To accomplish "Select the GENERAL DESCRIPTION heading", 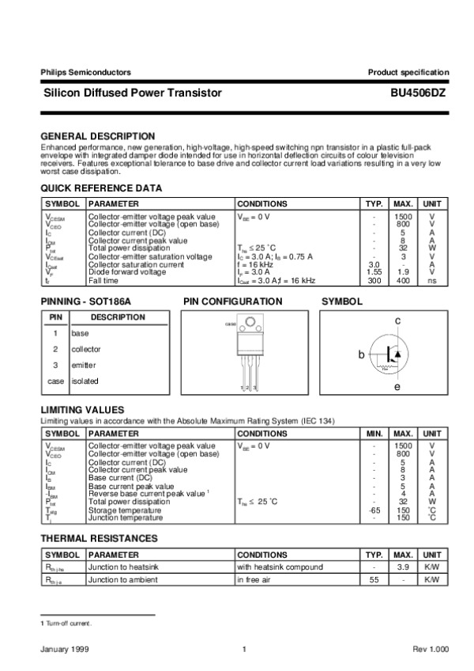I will [x=97, y=136].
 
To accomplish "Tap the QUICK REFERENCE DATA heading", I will [x=101, y=188].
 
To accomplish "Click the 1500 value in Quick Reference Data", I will [x=403, y=216].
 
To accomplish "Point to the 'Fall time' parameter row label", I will [x=103, y=281].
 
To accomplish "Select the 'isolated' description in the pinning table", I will [x=85, y=381].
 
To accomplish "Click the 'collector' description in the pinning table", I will [x=86, y=349].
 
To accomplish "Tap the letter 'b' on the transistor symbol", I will [x=361, y=355].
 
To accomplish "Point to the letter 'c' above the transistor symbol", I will [x=398, y=320].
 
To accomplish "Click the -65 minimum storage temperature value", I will [x=374, y=510].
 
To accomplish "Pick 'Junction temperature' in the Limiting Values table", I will [x=126, y=517].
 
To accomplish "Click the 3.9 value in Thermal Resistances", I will [x=403, y=567].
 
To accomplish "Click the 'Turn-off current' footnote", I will [x=67, y=624].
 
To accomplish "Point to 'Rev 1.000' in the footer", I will [x=431, y=650].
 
